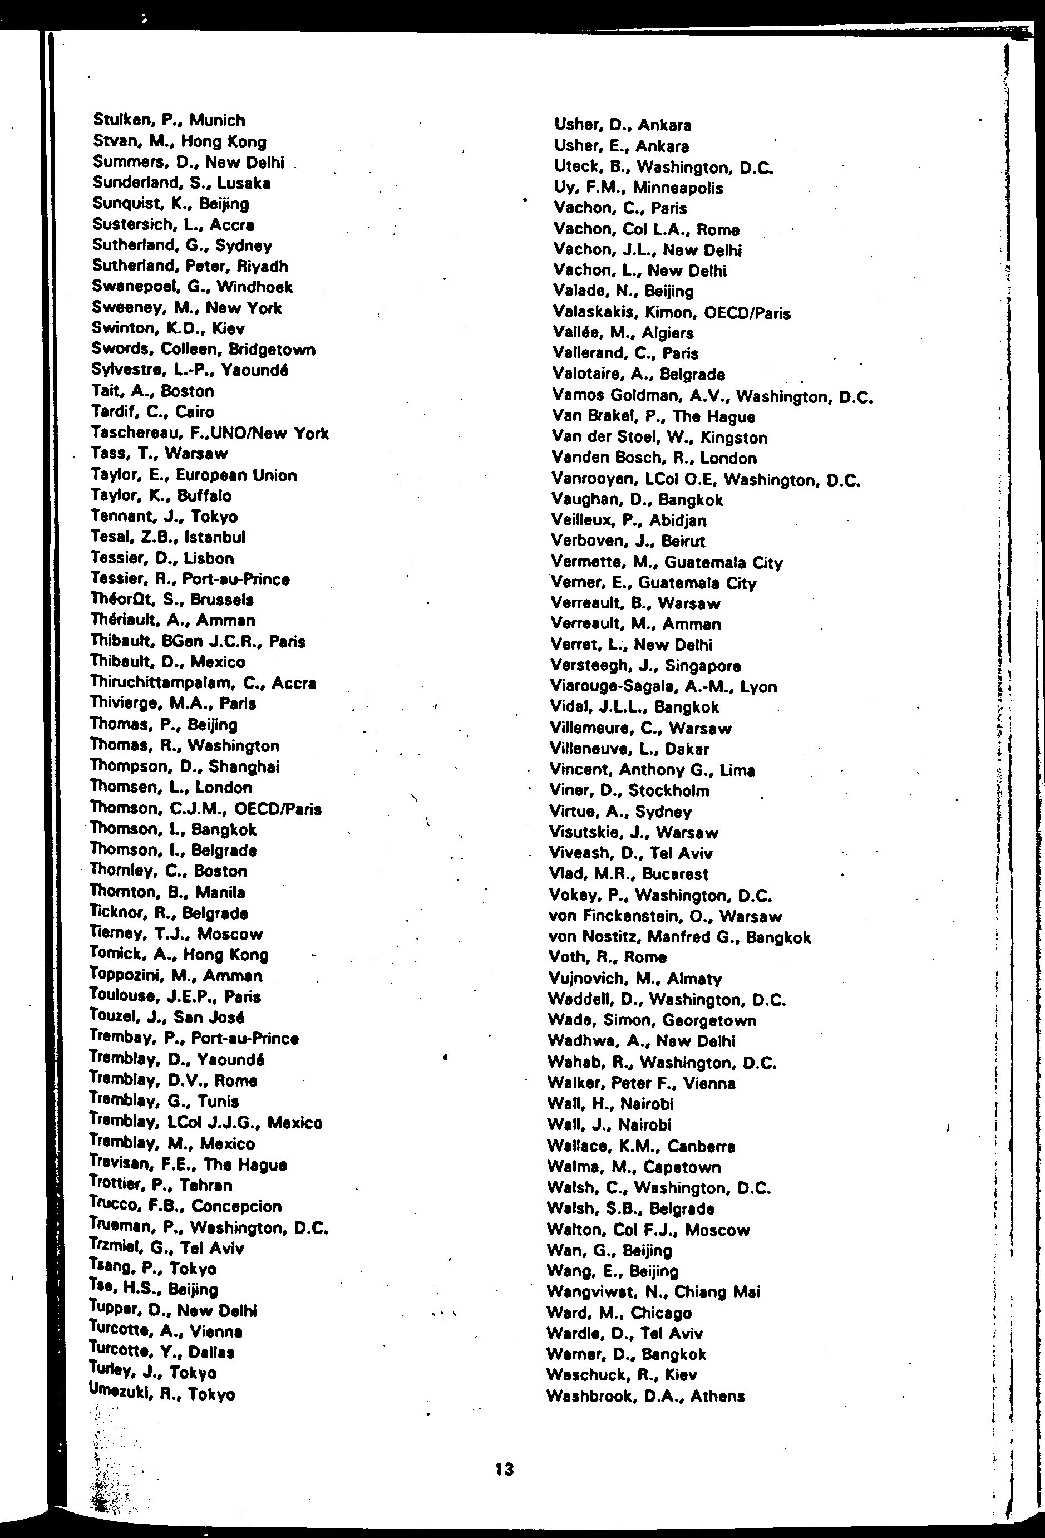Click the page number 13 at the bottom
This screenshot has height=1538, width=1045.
pyautogui.click(x=504, y=1469)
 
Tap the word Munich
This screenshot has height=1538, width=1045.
pyautogui.click(x=217, y=120)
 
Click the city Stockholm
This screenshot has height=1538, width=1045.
pyautogui.click(x=669, y=790)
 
